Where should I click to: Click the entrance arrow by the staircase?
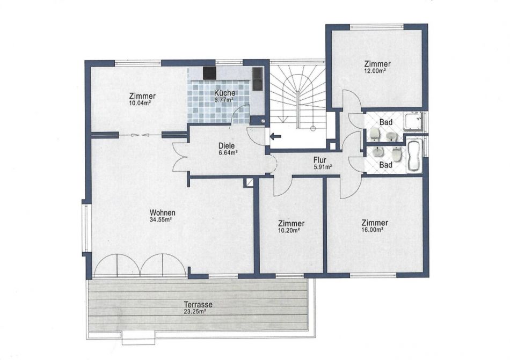pos(276,136)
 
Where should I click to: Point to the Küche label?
pos(224,93)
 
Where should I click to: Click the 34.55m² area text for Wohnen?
pos(161,219)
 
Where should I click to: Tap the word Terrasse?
pos(198,305)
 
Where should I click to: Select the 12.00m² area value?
pos(375,70)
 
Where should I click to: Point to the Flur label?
pos(320,160)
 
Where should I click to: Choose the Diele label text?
pos(227,146)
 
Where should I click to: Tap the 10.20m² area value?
pos(289,230)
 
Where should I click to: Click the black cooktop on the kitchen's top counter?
pos(209,73)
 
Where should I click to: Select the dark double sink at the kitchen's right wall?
pos(257,79)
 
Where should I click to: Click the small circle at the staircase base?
pos(313,128)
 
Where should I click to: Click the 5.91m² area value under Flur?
pos(323,167)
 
